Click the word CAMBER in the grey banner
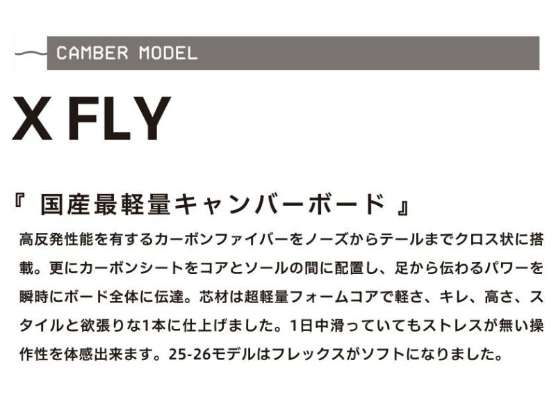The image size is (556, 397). pyautogui.click(x=92, y=54)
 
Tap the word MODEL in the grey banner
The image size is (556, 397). pyautogui.click(x=168, y=54)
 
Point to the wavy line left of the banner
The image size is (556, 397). pyautogui.click(x=31, y=54)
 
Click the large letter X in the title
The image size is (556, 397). pyautogui.click(x=33, y=118)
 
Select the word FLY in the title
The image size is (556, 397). pyautogui.click(x=120, y=118)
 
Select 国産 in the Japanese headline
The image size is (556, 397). pyautogui.click(x=67, y=204)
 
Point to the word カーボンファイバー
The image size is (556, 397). pyautogui.click(x=222, y=239)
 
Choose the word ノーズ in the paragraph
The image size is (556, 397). pyautogui.click(x=326, y=239)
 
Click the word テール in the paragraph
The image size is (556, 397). pyautogui.click(x=402, y=239)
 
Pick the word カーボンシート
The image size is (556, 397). pyautogui.click(x=132, y=268)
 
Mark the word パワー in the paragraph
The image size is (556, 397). pyautogui.click(x=507, y=268)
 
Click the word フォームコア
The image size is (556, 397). pyautogui.click(x=334, y=297)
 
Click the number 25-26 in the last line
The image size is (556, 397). pyautogui.click(x=190, y=355)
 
